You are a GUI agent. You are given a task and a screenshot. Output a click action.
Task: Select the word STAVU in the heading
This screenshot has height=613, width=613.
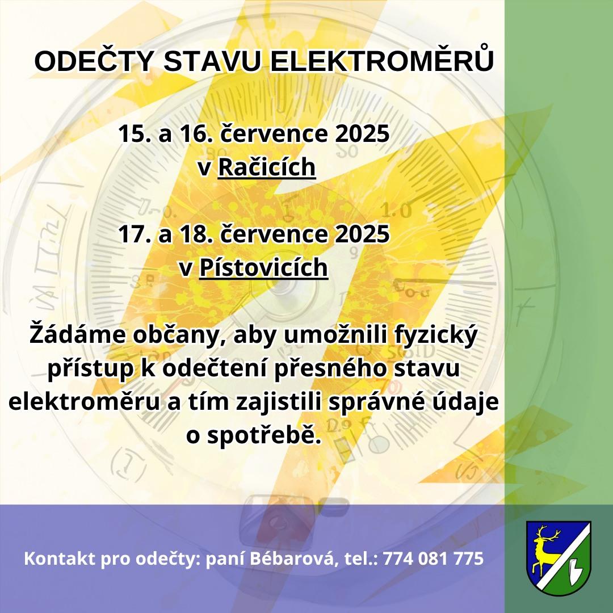tap(211, 61)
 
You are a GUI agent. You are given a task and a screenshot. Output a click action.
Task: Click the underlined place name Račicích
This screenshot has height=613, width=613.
tap(267, 167)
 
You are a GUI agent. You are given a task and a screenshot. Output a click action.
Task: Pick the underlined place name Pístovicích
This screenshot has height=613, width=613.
tap(263, 267)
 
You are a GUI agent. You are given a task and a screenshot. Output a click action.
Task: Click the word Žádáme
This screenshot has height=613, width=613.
tap(78, 334)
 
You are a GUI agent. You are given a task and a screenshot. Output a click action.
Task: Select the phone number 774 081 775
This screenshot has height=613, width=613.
tap(433, 559)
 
